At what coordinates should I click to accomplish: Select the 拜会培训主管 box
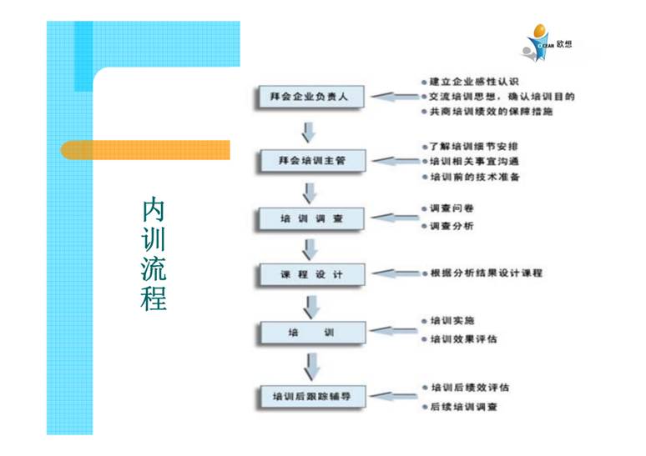(311, 159)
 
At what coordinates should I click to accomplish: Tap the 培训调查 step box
(311, 219)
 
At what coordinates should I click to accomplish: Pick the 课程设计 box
(311, 274)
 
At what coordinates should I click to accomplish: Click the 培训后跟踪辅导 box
(311, 396)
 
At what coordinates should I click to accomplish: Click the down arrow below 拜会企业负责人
(310, 131)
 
